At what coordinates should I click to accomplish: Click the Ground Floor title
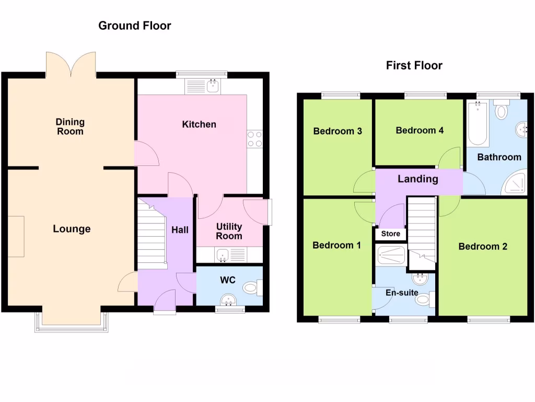(135, 26)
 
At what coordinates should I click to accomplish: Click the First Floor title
(414, 65)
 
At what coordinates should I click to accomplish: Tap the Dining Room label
(70, 127)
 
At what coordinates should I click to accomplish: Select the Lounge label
(72, 229)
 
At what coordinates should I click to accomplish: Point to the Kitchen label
(199, 124)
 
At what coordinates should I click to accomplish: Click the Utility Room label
(229, 231)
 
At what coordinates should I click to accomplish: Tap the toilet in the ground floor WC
(253, 287)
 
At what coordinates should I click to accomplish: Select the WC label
(227, 280)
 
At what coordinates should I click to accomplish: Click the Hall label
(180, 230)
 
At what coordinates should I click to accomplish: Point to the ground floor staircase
(152, 232)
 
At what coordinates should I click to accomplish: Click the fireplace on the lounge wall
(16, 236)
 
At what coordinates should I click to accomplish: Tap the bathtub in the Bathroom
(477, 125)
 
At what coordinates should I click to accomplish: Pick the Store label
(390, 234)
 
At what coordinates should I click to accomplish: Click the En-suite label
(401, 293)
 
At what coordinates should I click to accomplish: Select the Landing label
(418, 179)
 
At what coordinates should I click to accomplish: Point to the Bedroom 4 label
(420, 130)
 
